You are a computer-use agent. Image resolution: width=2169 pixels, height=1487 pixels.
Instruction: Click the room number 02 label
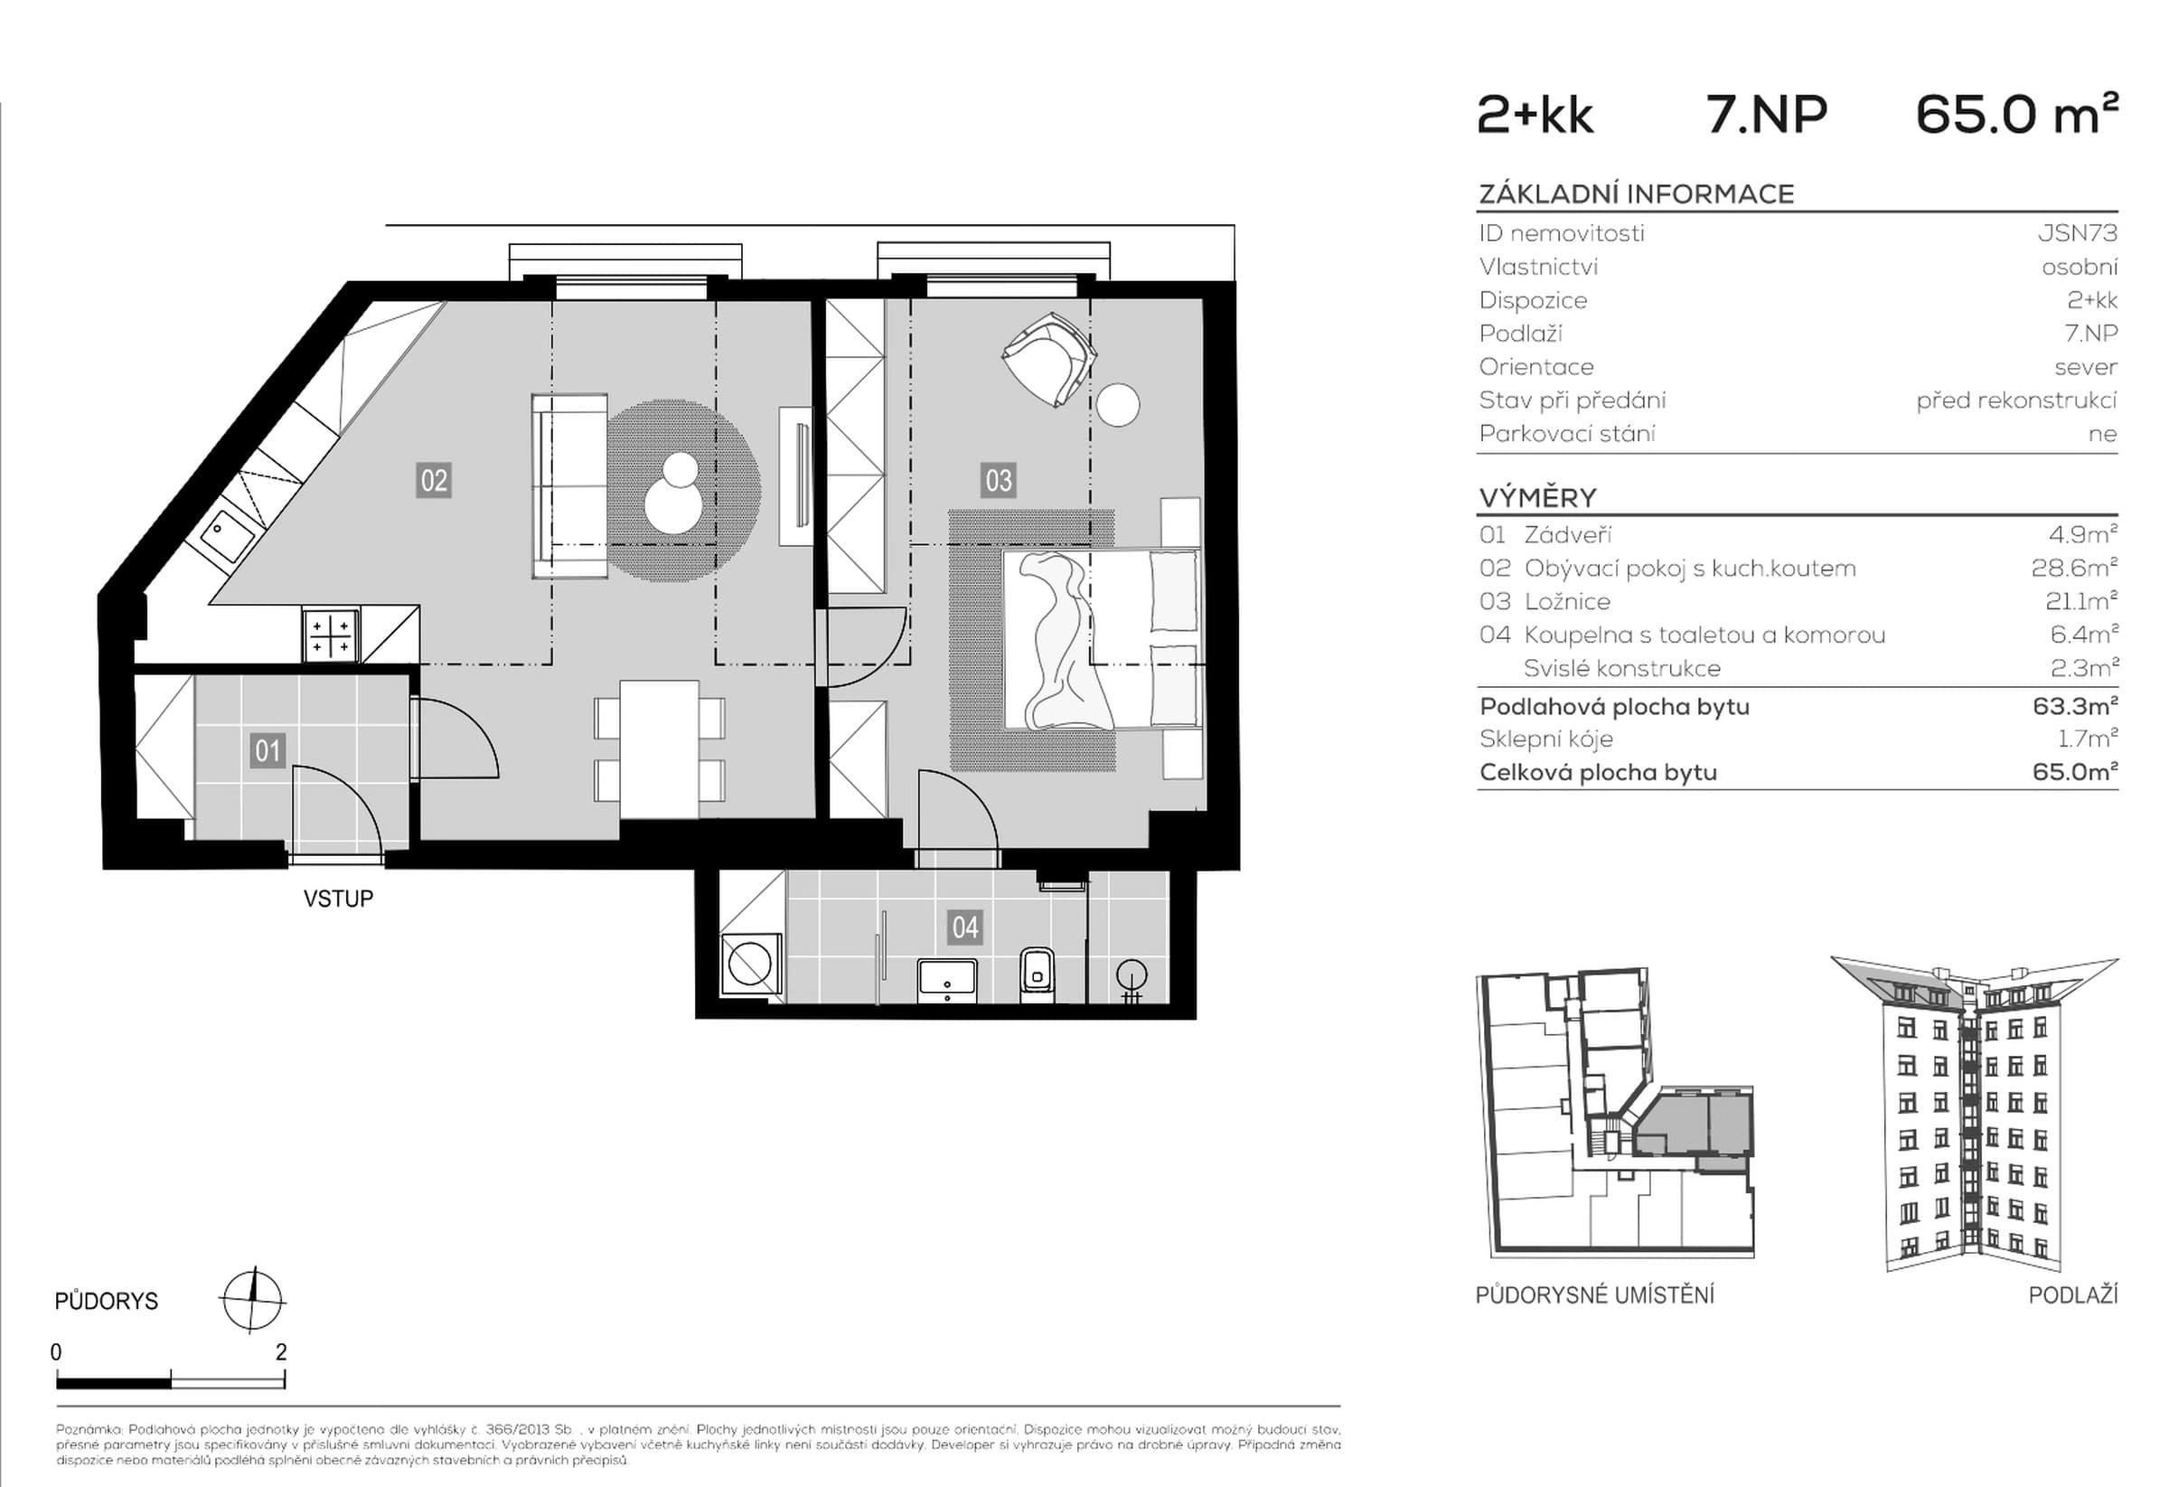(x=434, y=481)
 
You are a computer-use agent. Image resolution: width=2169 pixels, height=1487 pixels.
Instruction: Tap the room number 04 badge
(x=964, y=927)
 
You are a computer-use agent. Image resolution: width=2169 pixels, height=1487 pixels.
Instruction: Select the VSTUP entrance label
(x=338, y=899)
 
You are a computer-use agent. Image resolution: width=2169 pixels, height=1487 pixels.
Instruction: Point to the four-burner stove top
(x=331, y=635)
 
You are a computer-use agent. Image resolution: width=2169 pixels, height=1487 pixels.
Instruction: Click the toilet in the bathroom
(x=1037, y=974)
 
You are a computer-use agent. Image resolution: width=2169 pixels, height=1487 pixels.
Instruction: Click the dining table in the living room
(x=659, y=748)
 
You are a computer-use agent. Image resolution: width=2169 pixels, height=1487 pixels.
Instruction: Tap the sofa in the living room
(x=569, y=485)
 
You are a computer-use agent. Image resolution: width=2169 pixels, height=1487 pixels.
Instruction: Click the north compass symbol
(x=252, y=1300)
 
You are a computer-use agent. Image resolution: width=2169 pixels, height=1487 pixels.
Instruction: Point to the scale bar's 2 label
(x=282, y=1351)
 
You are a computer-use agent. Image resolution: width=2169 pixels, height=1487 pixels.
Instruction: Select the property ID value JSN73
(x=2078, y=232)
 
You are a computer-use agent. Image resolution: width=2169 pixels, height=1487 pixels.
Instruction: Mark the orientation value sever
(x=2086, y=367)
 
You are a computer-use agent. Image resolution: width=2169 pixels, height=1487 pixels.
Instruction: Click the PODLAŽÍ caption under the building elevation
(x=2073, y=1294)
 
